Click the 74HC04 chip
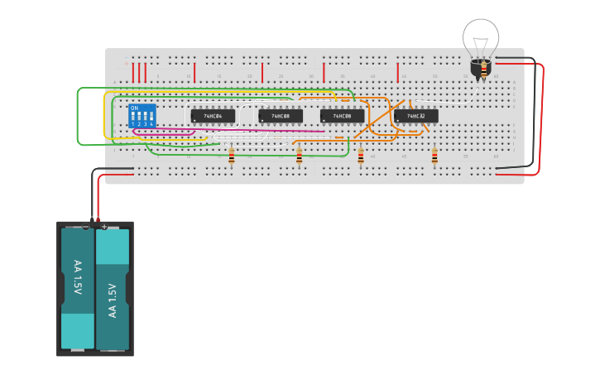(213, 116)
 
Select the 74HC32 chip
(416, 116)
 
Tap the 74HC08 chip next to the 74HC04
(281, 116)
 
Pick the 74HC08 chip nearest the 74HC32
(342, 116)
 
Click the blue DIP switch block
(142, 115)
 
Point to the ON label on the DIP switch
(134, 108)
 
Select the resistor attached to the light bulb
(484, 73)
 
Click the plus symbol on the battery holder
(103, 226)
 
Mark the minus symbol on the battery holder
(86, 226)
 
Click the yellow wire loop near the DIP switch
(104, 116)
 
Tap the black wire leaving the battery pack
(92, 190)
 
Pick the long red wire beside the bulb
(542, 116)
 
